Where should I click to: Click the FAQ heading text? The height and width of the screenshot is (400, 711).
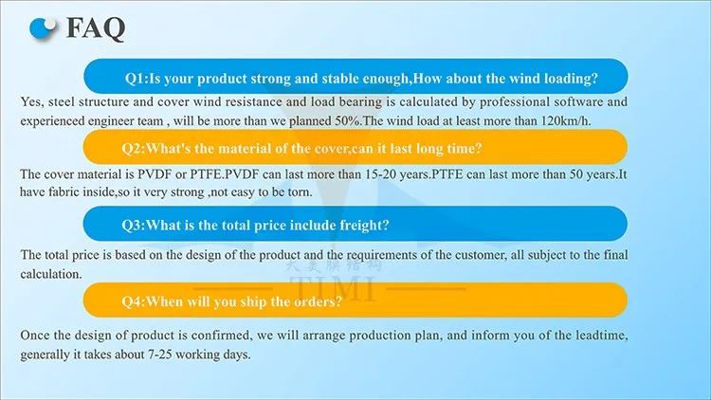(95, 28)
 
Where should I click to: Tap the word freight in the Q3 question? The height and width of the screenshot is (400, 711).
(364, 226)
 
